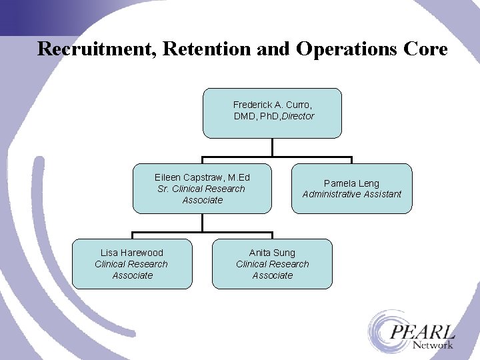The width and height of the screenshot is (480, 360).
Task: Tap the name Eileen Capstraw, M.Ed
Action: [202, 177]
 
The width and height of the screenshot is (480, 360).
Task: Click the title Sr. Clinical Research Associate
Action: [201, 194]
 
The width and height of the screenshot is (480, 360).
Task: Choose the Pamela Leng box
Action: [352, 188]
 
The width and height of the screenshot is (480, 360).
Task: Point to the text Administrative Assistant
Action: [352, 194]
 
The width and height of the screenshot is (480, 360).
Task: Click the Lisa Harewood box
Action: [132, 264]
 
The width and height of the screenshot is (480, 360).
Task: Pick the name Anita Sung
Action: [272, 253]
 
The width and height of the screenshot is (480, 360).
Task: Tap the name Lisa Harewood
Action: [132, 253]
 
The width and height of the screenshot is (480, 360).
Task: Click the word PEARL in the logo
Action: [423, 331]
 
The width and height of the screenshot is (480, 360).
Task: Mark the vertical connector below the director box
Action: [273, 147]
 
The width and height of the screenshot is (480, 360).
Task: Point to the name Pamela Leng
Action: [351, 183]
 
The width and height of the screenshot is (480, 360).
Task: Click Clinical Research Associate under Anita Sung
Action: [272, 269]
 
